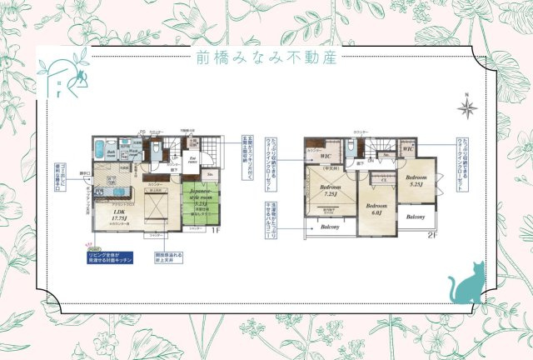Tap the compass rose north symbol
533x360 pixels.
(467, 106)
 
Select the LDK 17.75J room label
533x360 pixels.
(107, 215)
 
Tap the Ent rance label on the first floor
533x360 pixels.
(192, 162)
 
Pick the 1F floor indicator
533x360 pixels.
(214, 230)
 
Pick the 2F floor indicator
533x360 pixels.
(431, 234)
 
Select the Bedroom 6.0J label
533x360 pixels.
(376, 208)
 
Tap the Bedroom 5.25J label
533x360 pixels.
(416, 181)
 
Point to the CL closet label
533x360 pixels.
(384, 178)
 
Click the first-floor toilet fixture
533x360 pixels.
(156, 148)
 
